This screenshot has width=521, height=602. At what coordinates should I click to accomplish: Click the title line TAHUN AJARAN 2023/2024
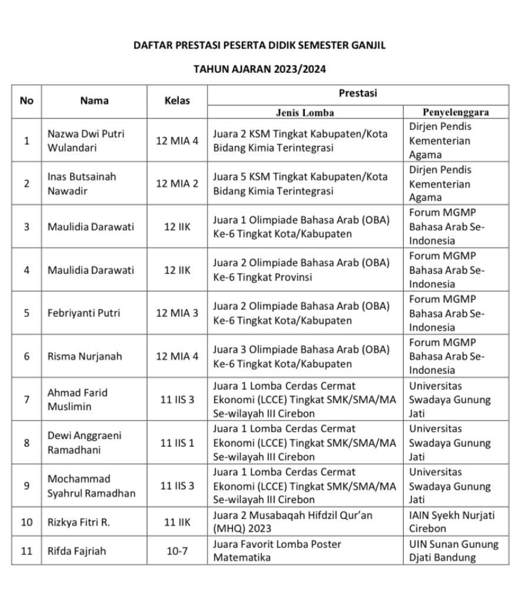[260, 69]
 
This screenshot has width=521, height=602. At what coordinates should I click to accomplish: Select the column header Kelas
[177, 101]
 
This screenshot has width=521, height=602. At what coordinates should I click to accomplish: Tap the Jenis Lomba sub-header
[305, 112]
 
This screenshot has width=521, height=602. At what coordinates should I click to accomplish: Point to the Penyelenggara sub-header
[456, 112]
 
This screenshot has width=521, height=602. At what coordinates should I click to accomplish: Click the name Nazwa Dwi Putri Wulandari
[86, 141]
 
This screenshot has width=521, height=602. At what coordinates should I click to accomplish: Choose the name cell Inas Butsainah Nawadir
[82, 183]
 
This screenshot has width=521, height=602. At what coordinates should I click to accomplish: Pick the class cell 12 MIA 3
[177, 313]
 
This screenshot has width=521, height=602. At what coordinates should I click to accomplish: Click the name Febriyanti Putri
[84, 313]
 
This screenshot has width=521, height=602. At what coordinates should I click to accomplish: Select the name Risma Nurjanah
[83, 356]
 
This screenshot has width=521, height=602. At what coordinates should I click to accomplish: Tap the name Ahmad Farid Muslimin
[77, 399]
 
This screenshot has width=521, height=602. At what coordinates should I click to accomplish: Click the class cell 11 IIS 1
[177, 443]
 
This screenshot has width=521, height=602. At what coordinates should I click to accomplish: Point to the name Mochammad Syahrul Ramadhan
[91, 486]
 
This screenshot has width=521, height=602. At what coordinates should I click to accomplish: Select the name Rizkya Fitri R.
[78, 521]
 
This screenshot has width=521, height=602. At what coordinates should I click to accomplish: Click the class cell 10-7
[177, 551]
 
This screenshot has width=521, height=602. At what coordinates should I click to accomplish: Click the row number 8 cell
[26, 443]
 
